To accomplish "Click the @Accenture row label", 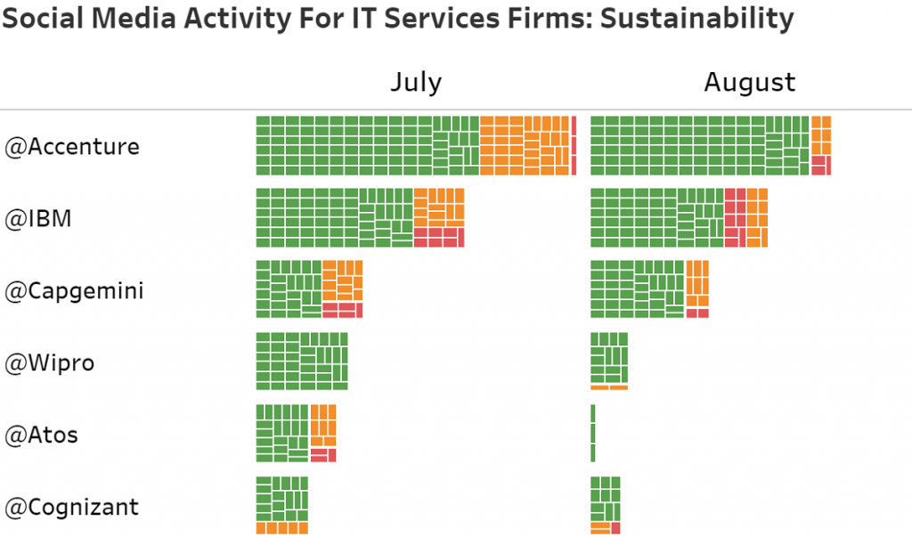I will click(x=72, y=146).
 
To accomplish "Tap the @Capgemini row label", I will click(x=74, y=291).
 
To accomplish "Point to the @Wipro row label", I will click(x=50, y=363).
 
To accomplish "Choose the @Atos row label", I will click(x=41, y=435).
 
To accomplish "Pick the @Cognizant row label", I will click(x=72, y=508).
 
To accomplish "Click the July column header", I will click(x=416, y=83).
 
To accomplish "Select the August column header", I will click(x=750, y=83).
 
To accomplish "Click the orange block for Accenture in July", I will click(x=524, y=145).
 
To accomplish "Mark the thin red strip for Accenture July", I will click(x=574, y=145).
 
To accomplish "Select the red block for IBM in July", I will click(x=439, y=237).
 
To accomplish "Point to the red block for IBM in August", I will click(x=735, y=218).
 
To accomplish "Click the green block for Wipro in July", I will click(x=301, y=361).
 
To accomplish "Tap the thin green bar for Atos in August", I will click(x=592, y=433).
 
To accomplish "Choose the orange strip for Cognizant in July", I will click(x=281, y=528).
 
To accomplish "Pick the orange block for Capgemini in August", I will click(x=697, y=283).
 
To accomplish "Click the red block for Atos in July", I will click(x=323, y=454).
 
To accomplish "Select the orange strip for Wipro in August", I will click(x=609, y=386).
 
